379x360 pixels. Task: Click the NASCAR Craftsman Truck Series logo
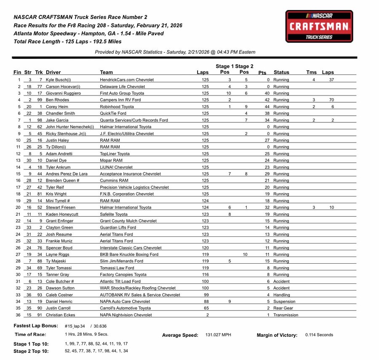319,26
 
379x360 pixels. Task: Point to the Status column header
281,72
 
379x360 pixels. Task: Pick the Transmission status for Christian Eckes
286,315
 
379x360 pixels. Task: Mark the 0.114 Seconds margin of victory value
319,335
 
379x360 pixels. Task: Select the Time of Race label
30,335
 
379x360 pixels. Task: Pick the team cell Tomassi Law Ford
117,268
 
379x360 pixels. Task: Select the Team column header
107,72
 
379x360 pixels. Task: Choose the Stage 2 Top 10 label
31,351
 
